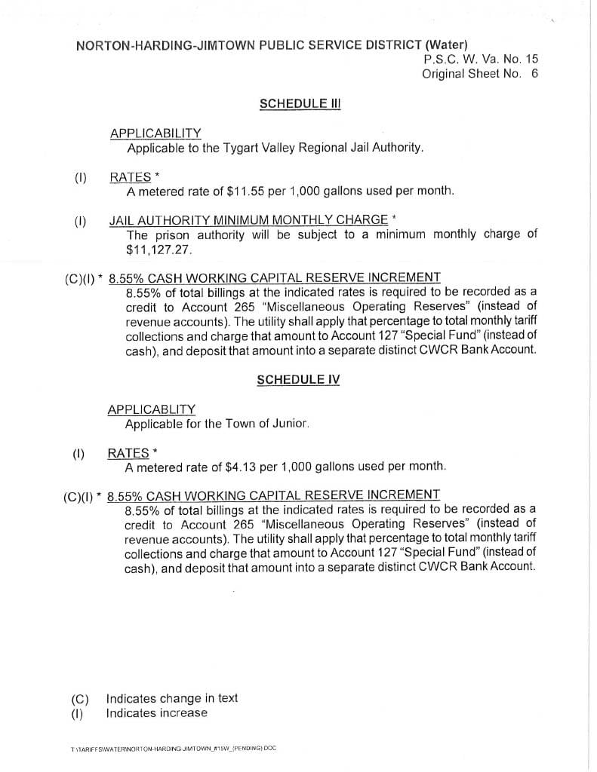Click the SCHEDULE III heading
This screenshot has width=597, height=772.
click(x=300, y=103)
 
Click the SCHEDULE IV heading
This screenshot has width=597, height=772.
click(x=298, y=380)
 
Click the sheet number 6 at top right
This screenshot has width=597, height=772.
click(x=534, y=74)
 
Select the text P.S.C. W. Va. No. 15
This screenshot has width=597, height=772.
click(x=481, y=59)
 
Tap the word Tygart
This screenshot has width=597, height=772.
click(x=220, y=148)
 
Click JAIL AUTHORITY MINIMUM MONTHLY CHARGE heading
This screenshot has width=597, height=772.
click(x=249, y=220)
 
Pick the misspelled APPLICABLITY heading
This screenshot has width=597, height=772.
click(x=152, y=409)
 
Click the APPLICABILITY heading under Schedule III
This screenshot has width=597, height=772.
click(x=155, y=133)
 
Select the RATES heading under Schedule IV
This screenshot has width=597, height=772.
click(x=128, y=453)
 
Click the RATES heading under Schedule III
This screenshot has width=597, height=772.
click(x=131, y=177)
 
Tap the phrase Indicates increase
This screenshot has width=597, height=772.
click(x=156, y=713)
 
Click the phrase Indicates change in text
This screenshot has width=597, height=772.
click(x=172, y=698)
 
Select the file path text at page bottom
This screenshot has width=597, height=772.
click(x=174, y=749)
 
